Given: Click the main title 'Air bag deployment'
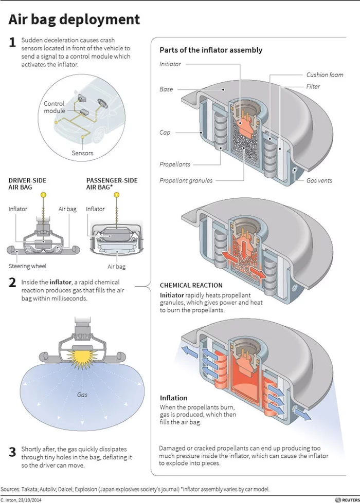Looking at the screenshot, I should coord(74,20).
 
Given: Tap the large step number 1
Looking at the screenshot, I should coord(12,42).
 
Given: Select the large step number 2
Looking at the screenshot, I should coord(12,283).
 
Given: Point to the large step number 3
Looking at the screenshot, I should coord(12,452).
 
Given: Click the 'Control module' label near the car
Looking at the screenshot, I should coord(54,107).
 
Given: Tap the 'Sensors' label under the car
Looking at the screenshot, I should coord(82,153).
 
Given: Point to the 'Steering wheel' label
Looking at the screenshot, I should coord(27,266).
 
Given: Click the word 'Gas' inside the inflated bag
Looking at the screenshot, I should coord(82,395).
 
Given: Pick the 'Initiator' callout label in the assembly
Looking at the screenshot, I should coord(170,64).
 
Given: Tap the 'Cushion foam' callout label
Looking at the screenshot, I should coord(324,75).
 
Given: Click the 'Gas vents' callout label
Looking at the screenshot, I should coord(319,180).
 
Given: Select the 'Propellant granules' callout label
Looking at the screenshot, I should coord(186,180).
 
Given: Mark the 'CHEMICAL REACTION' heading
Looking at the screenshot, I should coord(191,285).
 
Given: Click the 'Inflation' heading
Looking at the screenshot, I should coord(173,398).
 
